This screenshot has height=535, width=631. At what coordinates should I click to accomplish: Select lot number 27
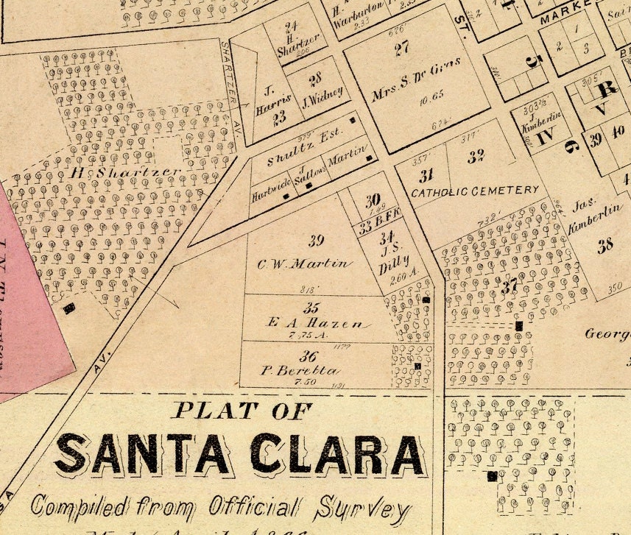401,50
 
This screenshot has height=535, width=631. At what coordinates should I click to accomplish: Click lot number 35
311,308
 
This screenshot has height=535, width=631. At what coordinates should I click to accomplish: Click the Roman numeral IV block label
545,137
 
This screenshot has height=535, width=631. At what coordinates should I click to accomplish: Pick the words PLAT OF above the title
242,411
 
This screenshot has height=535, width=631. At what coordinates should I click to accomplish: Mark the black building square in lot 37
519,325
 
